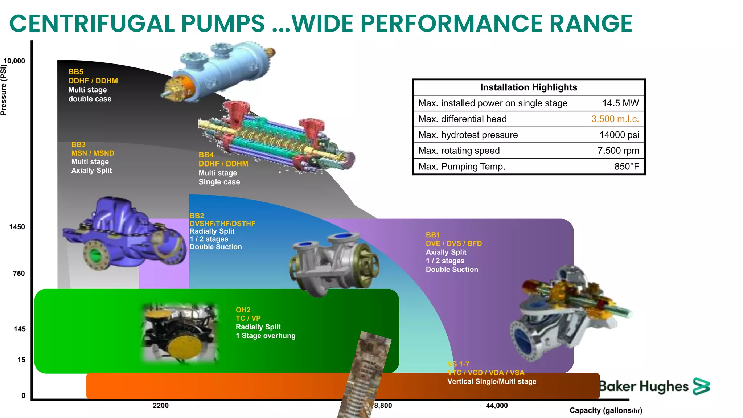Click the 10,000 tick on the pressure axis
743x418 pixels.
(15, 61)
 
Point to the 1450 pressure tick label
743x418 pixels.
(17, 227)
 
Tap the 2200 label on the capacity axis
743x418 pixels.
(161, 406)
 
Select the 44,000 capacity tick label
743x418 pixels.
(497, 406)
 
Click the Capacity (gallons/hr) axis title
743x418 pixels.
(606, 411)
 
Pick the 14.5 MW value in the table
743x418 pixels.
(620, 103)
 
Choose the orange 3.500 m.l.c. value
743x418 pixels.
(615, 119)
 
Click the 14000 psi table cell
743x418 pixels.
(619, 135)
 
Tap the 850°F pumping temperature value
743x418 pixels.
(627, 167)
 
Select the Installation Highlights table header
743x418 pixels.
(528, 87)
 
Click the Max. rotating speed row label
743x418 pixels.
(459, 151)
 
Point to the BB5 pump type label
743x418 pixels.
(76, 72)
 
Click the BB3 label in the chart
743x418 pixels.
(78, 144)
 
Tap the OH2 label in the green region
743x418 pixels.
(243, 310)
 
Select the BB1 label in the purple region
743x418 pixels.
(433, 235)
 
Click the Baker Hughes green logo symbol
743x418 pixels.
(701, 386)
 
